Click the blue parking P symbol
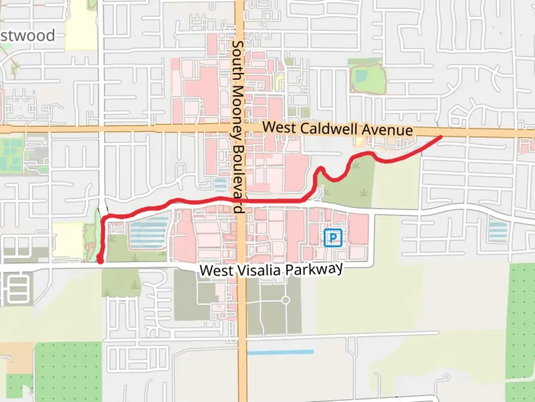(333, 238)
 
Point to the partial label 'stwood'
(28, 36)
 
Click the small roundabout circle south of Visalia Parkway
(285, 300)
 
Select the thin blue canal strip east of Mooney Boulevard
(281, 352)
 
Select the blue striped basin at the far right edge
(498, 231)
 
